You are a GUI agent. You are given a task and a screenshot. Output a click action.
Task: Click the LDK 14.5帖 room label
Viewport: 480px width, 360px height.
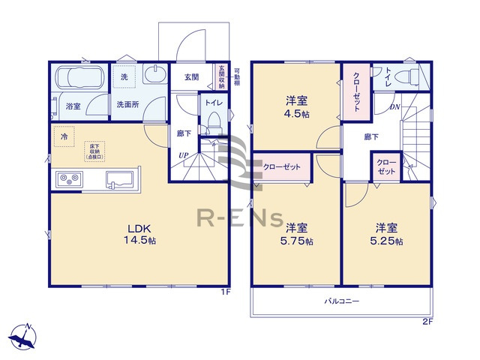pos(141,235)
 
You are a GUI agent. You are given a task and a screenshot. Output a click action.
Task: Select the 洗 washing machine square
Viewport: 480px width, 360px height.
pos(124,77)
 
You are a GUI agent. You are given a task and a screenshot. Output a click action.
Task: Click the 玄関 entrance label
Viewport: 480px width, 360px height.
pos(190,76)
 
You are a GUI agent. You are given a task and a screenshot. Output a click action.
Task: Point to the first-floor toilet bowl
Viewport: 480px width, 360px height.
pos(212,120)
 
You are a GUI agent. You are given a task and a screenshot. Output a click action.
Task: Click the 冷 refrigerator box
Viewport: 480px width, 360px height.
pos(66,138)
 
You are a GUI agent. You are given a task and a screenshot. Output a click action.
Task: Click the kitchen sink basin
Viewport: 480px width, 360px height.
pos(121,179)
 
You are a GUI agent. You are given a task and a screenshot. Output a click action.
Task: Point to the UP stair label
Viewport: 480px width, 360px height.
pos(183,155)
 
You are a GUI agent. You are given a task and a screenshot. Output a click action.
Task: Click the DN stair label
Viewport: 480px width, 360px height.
pos(394,108)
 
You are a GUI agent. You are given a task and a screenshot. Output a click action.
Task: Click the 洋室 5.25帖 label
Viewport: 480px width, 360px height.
pos(388,234)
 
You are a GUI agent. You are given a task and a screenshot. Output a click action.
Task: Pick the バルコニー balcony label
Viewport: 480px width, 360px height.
pos(342,301)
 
